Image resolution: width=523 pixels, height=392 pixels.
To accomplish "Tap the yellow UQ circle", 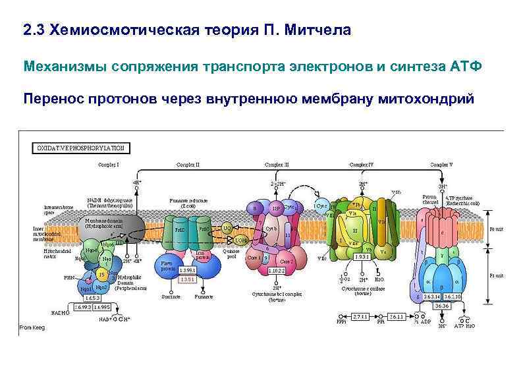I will (x=227, y=229).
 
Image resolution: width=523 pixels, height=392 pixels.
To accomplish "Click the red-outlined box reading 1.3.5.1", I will (x=187, y=279).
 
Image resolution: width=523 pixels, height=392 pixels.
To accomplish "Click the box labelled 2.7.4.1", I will (x=359, y=317).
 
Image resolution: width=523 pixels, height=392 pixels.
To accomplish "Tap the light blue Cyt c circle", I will (x=323, y=206).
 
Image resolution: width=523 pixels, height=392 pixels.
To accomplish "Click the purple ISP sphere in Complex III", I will (x=277, y=209).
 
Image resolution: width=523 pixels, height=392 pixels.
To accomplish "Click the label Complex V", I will (x=441, y=164).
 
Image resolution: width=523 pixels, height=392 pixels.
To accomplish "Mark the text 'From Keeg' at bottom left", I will (x=32, y=327).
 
